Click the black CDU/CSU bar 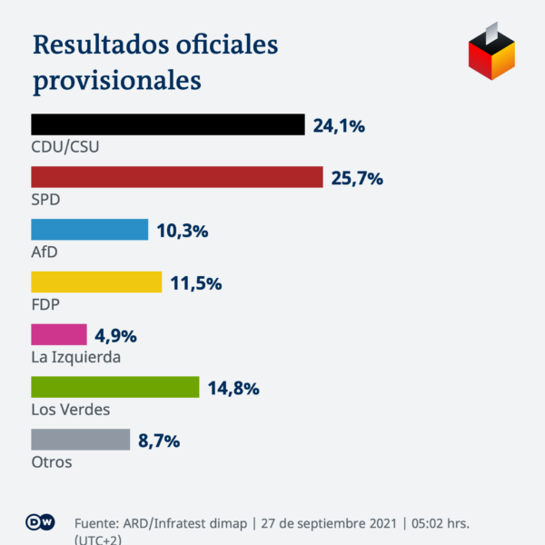click(x=168, y=124)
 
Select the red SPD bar click(x=177, y=177)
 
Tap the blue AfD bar click(x=89, y=230)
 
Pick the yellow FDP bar click(x=96, y=282)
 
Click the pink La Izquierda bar click(x=59, y=335)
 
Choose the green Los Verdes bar click(x=114, y=388)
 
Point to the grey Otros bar click(x=81, y=441)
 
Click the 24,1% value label click(x=339, y=126)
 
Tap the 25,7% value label click(x=357, y=179)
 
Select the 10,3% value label click(x=182, y=232)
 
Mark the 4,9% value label click(x=115, y=337)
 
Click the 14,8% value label click(x=233, y=390)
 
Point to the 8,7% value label click(x=159, y=442)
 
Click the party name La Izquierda click(x=76, y=357)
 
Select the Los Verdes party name click(x=71, y=410)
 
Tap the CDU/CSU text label click(x=65, y=146)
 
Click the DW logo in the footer click(x=41, y=524)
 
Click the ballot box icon click(x=491, y=54)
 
